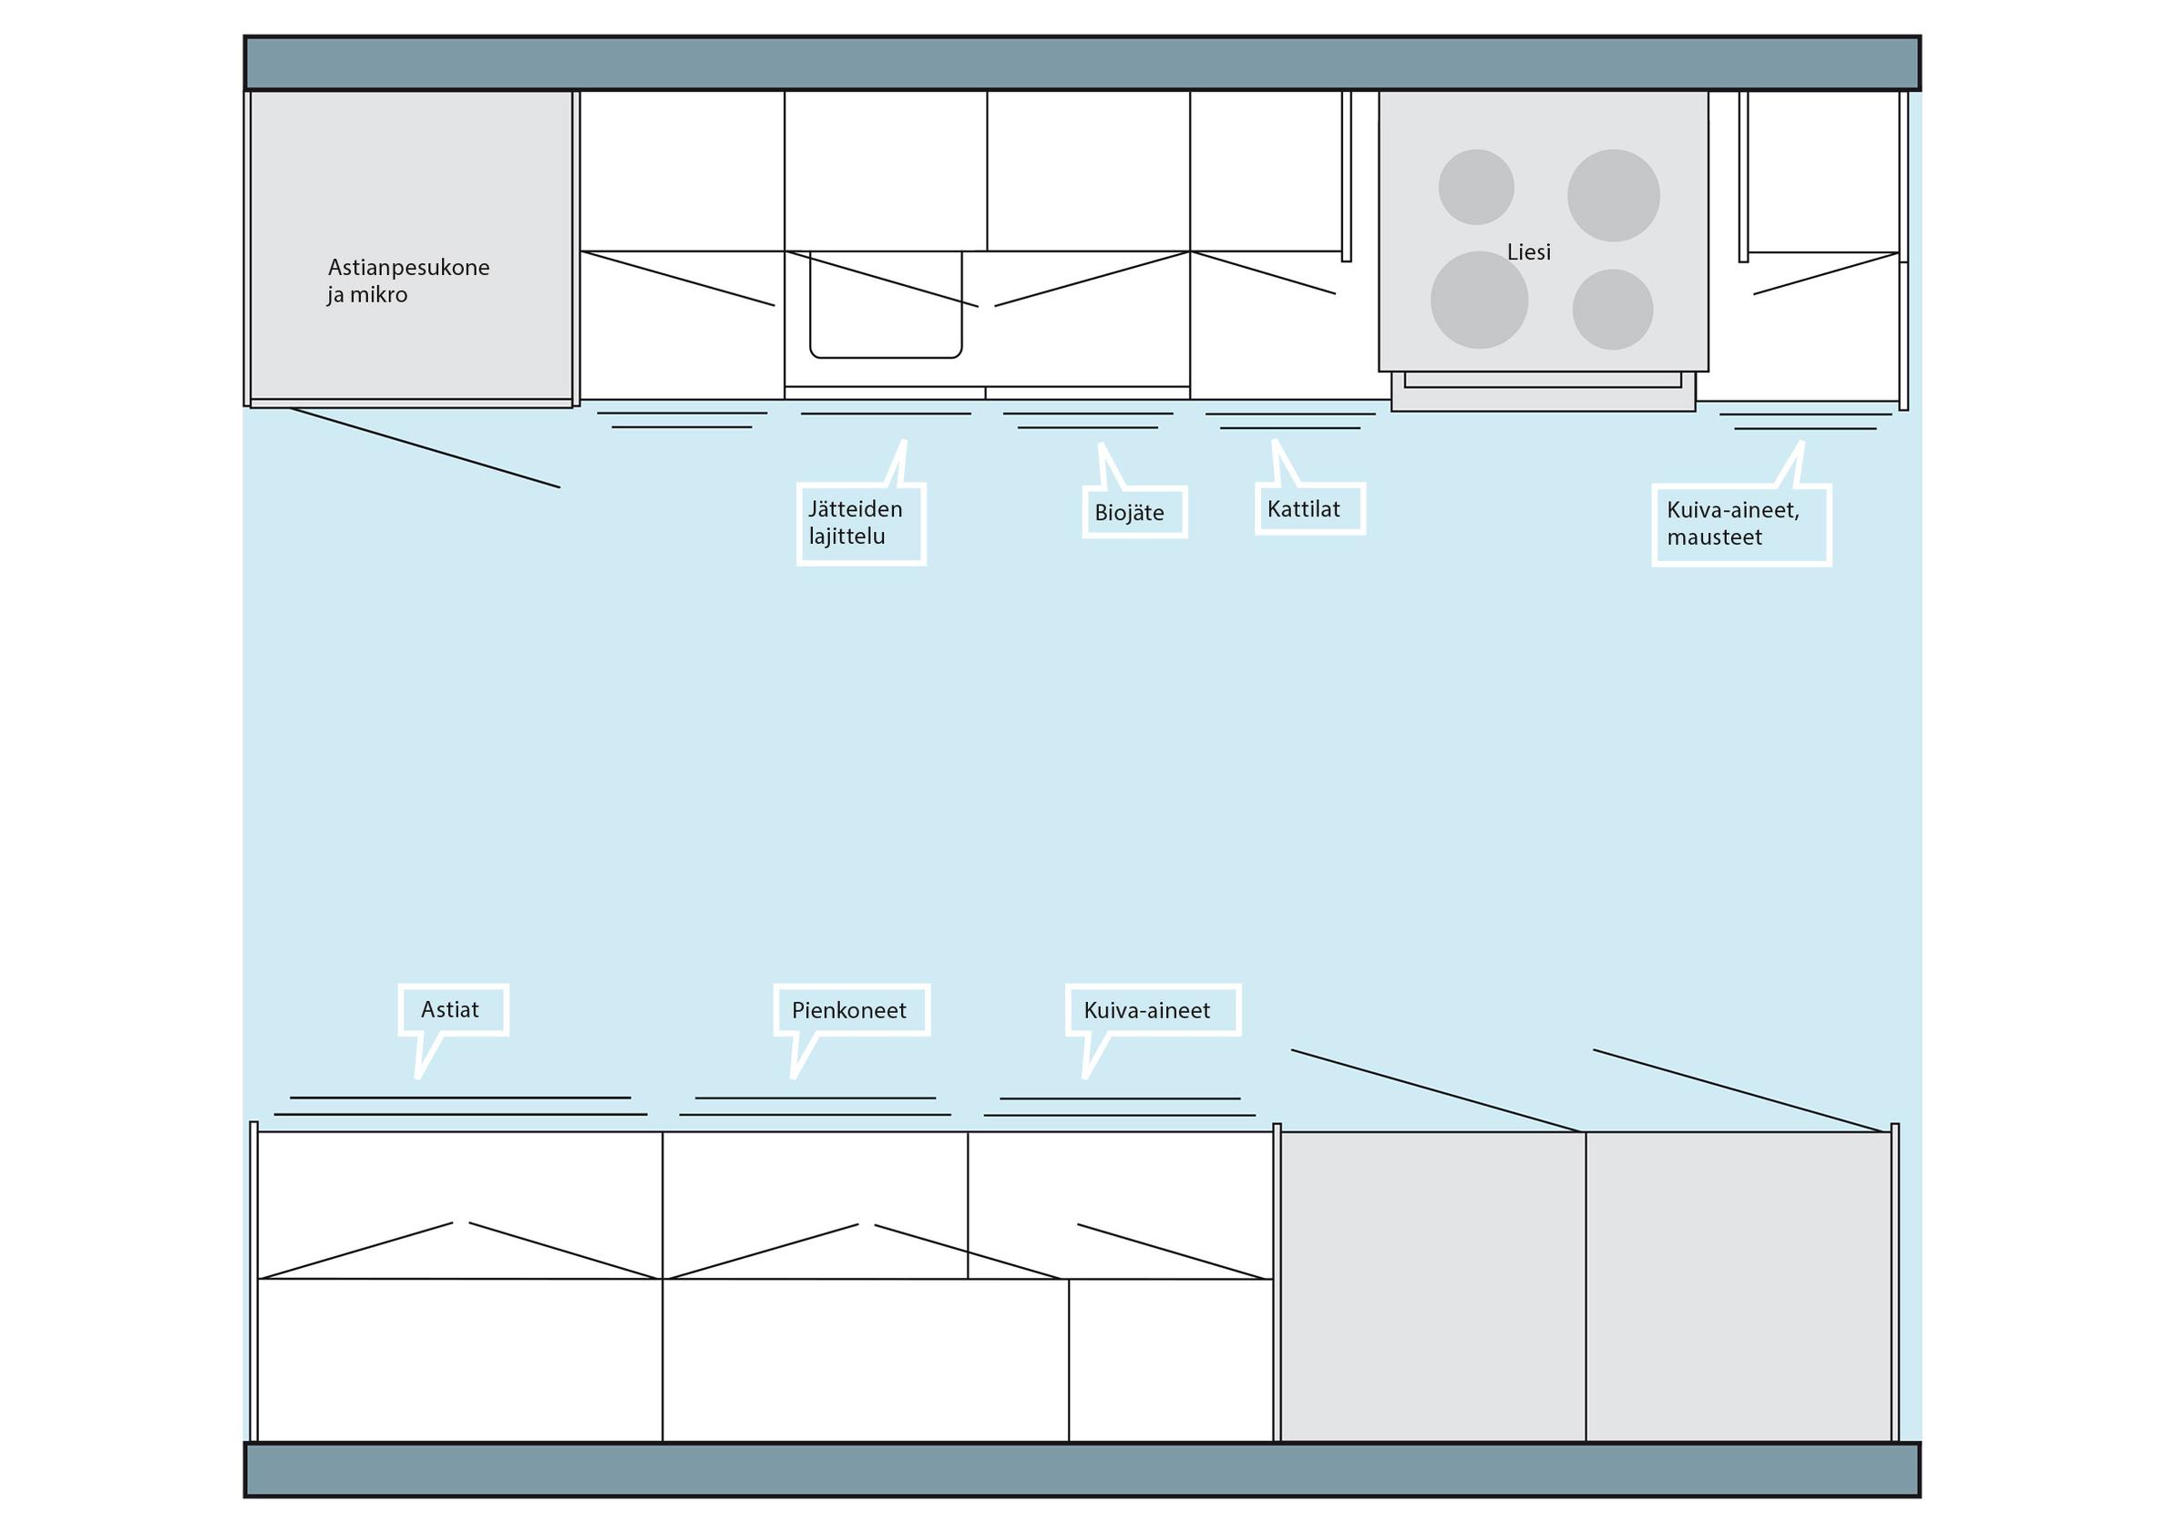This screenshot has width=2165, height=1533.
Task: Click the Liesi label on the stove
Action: (x=1529, y=252)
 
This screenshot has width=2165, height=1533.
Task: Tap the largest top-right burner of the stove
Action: (x=1613, y=196)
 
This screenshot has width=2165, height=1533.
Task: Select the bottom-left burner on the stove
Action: (x=1479, y=301)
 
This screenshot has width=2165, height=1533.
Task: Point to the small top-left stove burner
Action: (x=1476, y=187)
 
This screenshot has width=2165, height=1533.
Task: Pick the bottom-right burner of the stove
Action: (x=1612, y=310)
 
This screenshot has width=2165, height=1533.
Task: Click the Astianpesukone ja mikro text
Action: (x=408, y=281)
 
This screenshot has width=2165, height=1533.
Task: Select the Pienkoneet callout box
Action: (x=851, y=1011)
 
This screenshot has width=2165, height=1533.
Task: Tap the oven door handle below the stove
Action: (x=1542, y=381)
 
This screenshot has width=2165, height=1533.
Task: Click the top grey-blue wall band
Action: (x=1082, y=63)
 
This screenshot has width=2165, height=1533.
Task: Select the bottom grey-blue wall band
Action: (x=1082, y=1469)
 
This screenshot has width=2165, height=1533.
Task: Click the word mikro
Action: (x=379, y=295)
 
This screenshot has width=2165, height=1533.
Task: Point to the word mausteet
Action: (x=1714, y=538)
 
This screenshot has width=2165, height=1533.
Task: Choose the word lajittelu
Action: (x=847, y=537)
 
